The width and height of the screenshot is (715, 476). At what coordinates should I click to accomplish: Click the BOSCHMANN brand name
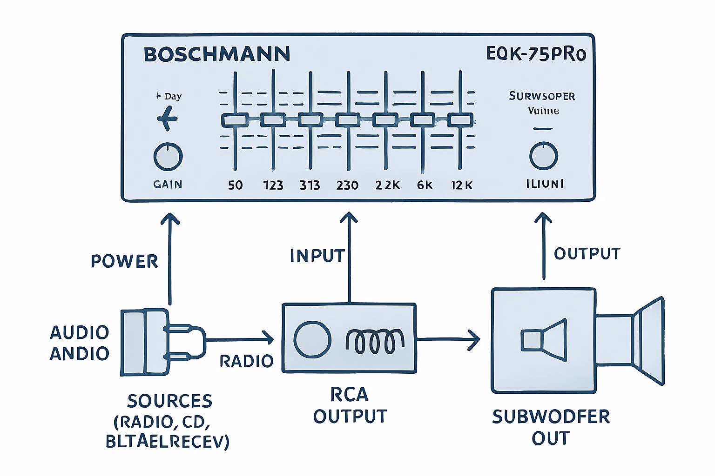point(216,54)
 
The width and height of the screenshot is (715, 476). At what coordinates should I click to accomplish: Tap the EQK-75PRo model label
point(536,54)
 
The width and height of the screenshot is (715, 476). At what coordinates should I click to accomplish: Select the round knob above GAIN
point(168,157)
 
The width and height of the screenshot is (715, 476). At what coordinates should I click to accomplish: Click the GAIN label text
point(168,185)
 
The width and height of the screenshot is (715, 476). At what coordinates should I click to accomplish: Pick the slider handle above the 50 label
point(235,120)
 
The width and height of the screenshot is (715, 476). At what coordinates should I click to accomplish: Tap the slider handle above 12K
point(460,120)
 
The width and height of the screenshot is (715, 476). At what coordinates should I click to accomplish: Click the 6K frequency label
point(424,185)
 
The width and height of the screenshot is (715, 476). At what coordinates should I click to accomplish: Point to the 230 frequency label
point(347,185)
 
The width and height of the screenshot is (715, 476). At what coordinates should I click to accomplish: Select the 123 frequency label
point(273,185)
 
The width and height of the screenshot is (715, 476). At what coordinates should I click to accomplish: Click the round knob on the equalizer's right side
point(543,156)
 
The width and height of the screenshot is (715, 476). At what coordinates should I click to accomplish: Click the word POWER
point(124,261)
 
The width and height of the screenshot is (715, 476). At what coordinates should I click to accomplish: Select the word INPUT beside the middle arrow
point(317,256)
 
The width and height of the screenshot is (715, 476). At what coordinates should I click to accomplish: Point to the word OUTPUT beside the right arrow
point(587,253)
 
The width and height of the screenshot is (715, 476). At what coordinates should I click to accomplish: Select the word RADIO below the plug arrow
point(246,361)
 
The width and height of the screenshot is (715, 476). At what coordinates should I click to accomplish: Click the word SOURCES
point(169,401)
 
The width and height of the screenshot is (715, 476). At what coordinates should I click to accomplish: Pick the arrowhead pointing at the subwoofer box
point(474,340)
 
